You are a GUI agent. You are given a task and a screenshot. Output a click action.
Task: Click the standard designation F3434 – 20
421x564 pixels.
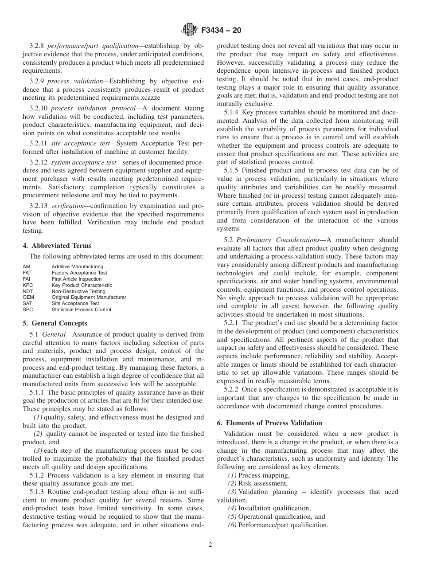point(221,31)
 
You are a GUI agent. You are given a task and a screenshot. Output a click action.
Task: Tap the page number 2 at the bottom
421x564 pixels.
point(210,545)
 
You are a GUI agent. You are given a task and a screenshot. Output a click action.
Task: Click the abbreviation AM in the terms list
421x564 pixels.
point(27,266)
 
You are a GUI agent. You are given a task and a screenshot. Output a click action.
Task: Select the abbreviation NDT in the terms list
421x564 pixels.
point(28,291)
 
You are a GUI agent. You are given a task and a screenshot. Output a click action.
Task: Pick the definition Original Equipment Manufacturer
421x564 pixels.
point(89,298)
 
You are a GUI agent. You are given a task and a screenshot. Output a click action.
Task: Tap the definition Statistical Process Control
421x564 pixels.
point(81,310)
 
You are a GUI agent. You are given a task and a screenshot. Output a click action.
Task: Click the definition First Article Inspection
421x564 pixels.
point(76,279)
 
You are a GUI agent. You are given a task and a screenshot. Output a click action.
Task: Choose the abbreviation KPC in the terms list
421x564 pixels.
point(28,285)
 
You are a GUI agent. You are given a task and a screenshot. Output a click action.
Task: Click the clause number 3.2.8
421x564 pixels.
point(37,46)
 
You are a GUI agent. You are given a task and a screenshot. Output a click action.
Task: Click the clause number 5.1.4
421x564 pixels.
point(232,112)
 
